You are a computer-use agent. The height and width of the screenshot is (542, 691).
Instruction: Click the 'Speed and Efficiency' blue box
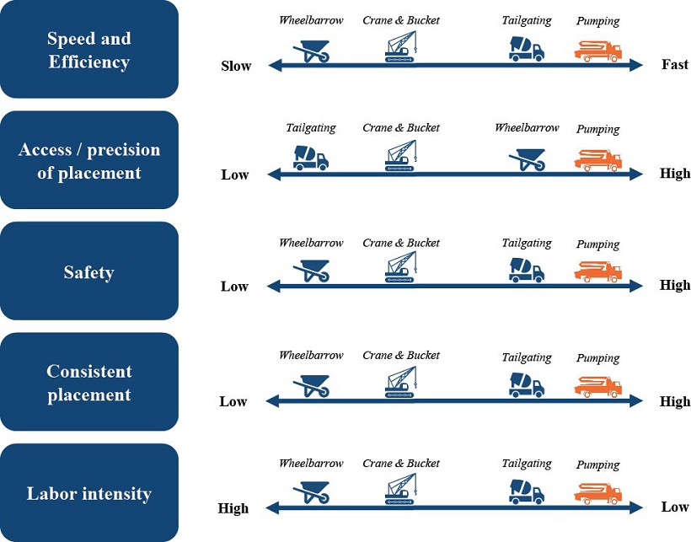click(89, 49)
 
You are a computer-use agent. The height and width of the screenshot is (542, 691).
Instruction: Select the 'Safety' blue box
click(89, 271)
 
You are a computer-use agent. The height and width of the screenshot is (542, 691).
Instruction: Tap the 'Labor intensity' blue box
click(89, 493)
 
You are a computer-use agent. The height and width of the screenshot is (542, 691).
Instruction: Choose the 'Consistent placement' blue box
click(89, 382)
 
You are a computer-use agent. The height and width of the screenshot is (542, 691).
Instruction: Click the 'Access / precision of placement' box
click(89, 160)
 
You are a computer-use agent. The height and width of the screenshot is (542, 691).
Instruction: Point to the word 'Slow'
click(236, 66)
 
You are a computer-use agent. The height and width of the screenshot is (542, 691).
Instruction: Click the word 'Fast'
click(675, 65)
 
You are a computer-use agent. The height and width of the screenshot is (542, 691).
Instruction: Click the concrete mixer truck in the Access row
click(310, 158)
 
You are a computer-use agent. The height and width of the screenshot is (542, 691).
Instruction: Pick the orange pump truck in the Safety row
click(597, 271)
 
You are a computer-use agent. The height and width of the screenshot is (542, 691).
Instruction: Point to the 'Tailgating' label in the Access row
click(310, 128)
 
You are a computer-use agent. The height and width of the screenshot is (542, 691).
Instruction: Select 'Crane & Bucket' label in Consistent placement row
click(401, 355)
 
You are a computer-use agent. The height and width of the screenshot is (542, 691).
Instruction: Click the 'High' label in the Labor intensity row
click(233, 508)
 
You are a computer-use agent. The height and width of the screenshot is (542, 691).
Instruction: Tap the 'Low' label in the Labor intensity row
click(675, 507)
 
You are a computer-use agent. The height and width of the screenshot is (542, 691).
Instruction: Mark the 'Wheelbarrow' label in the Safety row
click(311, 243)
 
